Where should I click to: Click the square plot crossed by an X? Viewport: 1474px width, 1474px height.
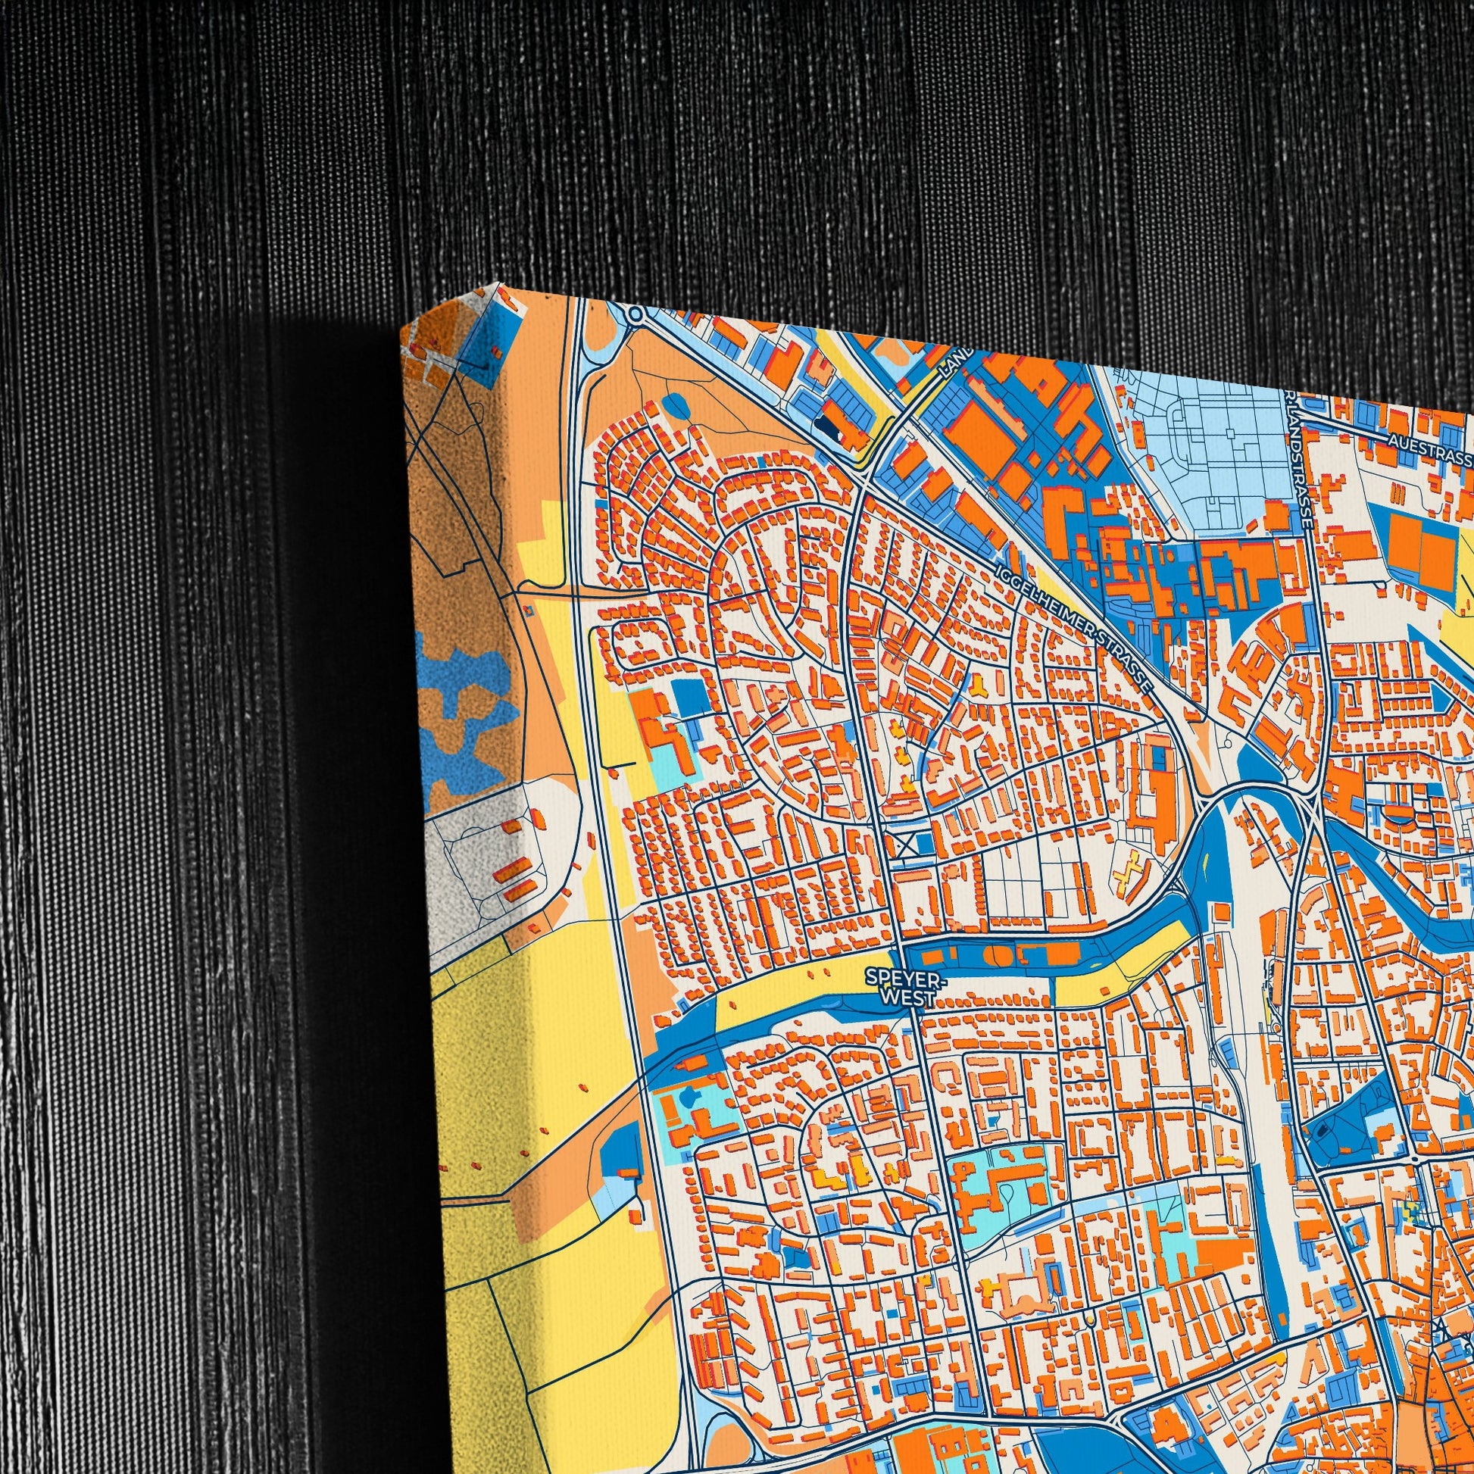click(907, 845)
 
